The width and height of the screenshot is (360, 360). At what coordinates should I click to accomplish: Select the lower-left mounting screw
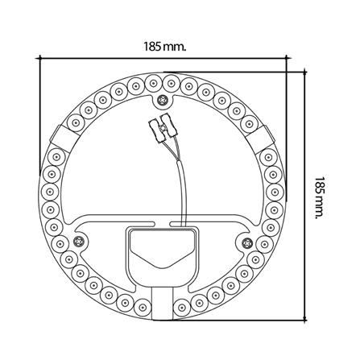tap(78, 241)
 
